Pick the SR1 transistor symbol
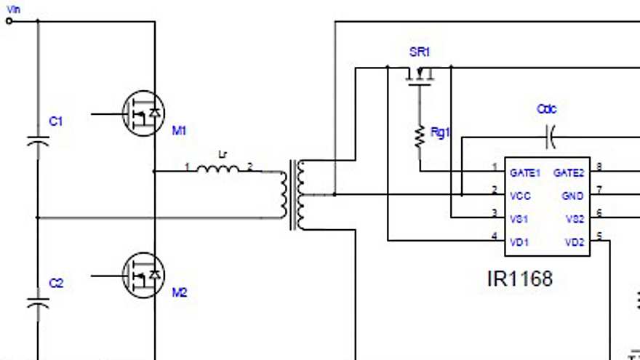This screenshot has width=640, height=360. (420, 74)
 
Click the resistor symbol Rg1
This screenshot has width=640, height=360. (420, 136)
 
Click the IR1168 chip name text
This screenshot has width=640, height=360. (519, 279)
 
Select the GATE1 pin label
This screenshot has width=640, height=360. (525, 173)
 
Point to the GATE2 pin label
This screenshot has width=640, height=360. (569, 173)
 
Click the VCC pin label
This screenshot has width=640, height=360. (520, 196)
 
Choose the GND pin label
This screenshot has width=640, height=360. (573, 196)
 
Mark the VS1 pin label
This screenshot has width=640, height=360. (519, 218)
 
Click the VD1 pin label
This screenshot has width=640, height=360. (519, 241)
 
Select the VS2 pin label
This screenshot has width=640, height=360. (574, 218)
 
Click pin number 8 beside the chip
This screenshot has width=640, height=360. (599, 167)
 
